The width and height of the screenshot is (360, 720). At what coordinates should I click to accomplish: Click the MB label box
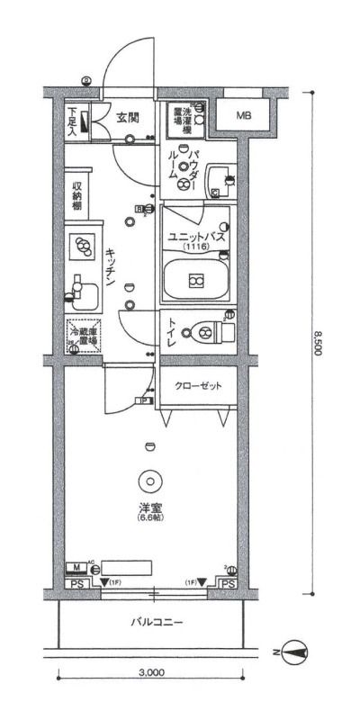[244, 116]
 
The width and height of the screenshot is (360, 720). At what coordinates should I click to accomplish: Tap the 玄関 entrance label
[127, 116]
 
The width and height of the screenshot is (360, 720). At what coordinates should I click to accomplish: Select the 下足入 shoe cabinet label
[72, 121]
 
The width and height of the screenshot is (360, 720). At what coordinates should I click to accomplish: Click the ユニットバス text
[195, 238]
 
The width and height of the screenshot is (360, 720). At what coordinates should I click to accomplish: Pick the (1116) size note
[195, 247]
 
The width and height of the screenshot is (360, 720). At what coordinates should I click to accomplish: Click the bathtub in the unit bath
[195, 279]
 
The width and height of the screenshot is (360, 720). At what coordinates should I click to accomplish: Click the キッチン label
[109, 266]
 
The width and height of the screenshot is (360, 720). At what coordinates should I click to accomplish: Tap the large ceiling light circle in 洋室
[148, 481]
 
